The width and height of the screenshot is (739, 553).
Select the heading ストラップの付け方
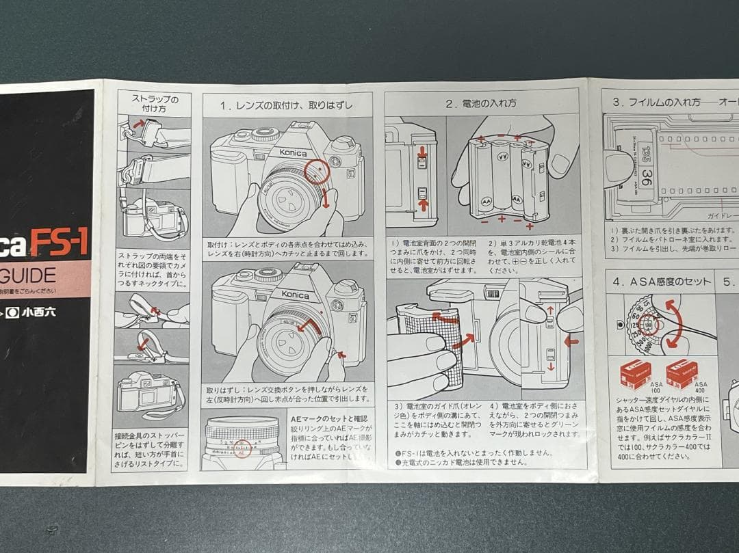[155, 103]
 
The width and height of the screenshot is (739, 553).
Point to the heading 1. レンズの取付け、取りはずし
[287, 105]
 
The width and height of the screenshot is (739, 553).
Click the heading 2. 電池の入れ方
[481, 104]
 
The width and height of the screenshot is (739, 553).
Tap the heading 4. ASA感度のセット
[660, 282]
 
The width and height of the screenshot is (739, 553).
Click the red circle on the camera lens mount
[317, 172]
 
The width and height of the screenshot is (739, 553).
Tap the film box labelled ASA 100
[636, 374]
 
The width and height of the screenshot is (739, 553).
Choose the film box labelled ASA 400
[682, 374]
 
